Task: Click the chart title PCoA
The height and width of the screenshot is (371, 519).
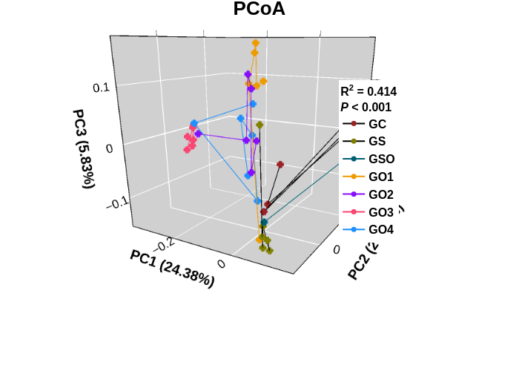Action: click(259, 10)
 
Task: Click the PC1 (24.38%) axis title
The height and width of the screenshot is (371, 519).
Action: click(172, 268)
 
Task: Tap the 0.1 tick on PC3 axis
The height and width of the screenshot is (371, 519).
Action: click(102, 88)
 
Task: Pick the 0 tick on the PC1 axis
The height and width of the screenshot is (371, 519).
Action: click(221, 264)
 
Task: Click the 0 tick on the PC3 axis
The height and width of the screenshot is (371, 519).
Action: click(110, 148)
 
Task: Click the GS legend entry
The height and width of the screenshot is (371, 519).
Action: click(377, 141)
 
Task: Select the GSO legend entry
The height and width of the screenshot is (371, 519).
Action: click(381, 159)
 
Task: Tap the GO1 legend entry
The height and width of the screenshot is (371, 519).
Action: click(380, 177)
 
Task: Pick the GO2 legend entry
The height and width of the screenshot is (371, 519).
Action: click(380, 194)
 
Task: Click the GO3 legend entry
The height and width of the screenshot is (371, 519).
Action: click(380, 212)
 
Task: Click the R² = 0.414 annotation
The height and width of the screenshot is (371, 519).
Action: click(368, 92)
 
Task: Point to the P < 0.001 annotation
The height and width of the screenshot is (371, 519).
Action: click(366, 108)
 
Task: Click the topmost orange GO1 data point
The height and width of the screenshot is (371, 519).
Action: click(255, 43)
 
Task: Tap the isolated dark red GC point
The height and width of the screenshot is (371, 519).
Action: click(280, 165)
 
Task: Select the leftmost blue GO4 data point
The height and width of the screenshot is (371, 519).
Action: click(194, 123)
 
